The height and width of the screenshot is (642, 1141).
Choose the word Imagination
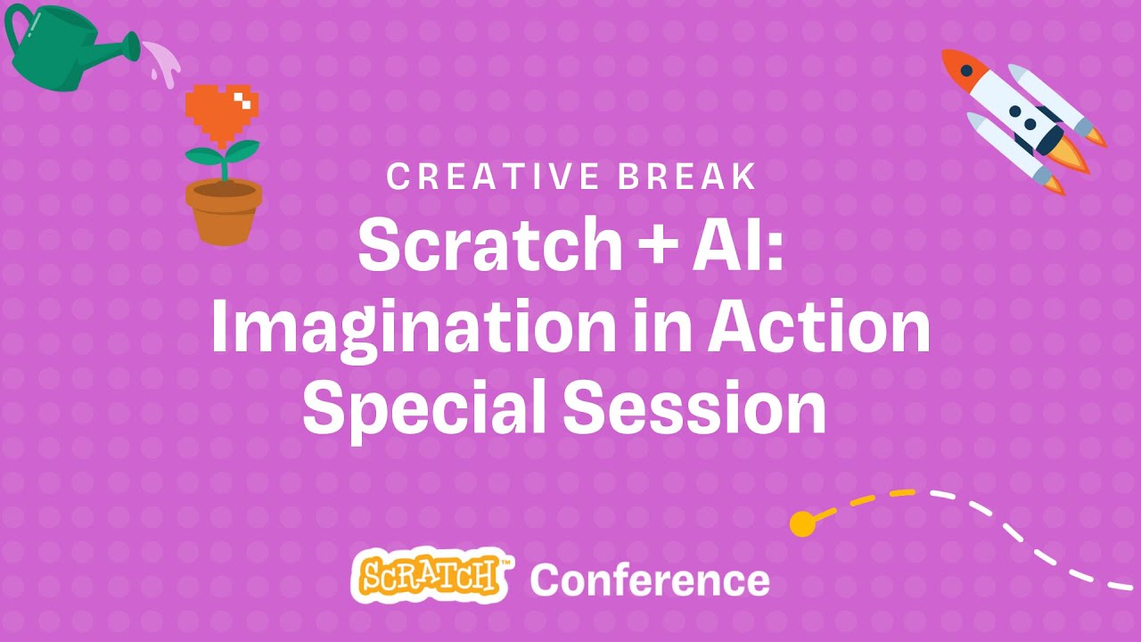click(412, 327)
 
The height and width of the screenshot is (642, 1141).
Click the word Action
click(818, 327)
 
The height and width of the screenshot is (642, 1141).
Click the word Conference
click(650, 580)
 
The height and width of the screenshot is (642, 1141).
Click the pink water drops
click(164, 62)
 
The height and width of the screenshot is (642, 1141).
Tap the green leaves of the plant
click(222, 155)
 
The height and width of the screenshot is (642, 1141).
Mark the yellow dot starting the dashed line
click(802, 523)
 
